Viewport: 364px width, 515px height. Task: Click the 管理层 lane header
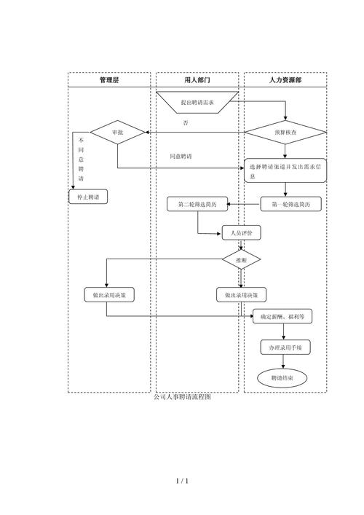(x=109, y=80)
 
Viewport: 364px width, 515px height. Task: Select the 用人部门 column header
(x=197, y=80)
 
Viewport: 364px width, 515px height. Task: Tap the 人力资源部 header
(x=285, y=80)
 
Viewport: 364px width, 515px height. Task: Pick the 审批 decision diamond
(x=118, y=133)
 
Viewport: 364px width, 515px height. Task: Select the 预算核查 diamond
(x=285, y=133)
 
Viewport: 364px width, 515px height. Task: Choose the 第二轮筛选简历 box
(x=197, y=205)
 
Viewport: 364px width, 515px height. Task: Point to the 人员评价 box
(x=242, y=233)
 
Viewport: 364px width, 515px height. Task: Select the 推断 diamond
(x=242, y=259)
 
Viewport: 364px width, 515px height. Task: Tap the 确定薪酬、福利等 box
(x=282, y=317)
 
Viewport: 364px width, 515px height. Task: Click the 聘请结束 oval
(x=282, y=377)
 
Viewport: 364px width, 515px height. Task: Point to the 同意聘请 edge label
(x=181, y=157)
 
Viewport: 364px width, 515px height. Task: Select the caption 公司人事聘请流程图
(x=183, y=397)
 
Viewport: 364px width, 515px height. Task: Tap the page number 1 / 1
(x=182, y=481)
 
